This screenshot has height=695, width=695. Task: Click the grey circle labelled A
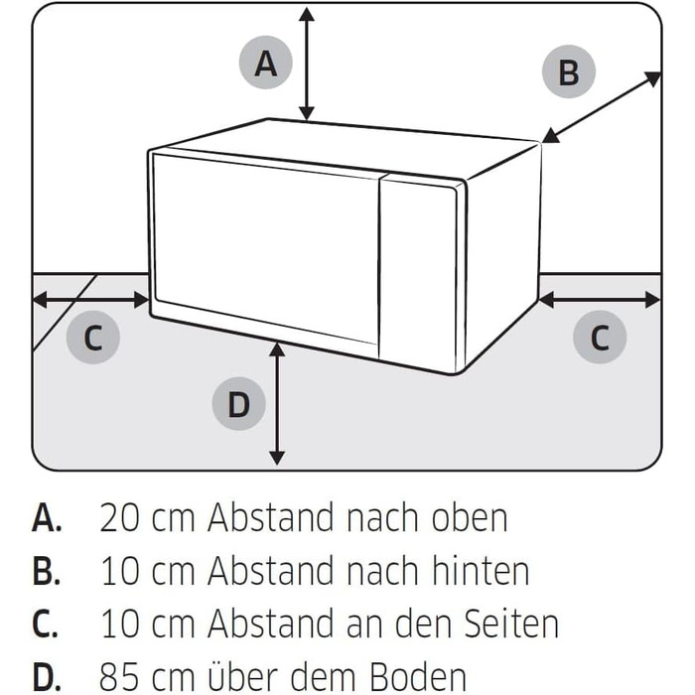pyautogui.click(x=265, y=63)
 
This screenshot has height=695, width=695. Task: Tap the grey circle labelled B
pyautogui.click(x=569, y=71)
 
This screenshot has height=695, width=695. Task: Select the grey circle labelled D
pyautogui.click(x=239, y=403)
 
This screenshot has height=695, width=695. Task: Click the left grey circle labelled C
pyautogui.click(x=93, y=338)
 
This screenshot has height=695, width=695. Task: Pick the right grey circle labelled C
pyautogui.click(x=600, y=337)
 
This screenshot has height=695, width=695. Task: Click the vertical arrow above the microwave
pyautogui.click(x=307, y=64)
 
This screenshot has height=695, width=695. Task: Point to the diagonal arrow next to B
pyautogui.click(x=602, y=107)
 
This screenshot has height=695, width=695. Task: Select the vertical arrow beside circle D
pyautogui.click(x=277, y=404)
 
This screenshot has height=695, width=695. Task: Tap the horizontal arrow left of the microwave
pyautogui.click(x=91, y=300)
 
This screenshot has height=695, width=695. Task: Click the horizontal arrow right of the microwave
pyautogui.click(x=600, y=300)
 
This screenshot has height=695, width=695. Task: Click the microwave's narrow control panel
pyautogui.click(x=418, y=273)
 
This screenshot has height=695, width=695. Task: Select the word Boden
pyautogui.click(x=418, y=675)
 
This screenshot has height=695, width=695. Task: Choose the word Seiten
pyautogui.click(x=512, y=623)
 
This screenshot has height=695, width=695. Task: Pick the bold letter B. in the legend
pyautogui.click(x=46, y=571)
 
